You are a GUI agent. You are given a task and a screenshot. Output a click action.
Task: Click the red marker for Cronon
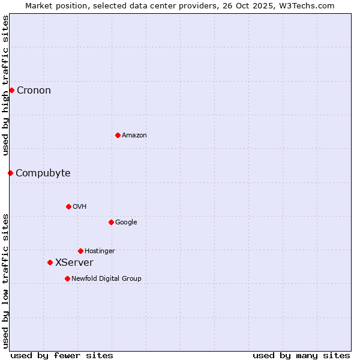click(x=11, y=90)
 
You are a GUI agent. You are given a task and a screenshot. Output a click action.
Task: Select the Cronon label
click(x=34, y=91)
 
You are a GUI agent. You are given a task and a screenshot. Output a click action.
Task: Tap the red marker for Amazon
click(x=118, y=135)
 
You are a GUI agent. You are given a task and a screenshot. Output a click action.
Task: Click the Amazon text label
click(x=134, y=136)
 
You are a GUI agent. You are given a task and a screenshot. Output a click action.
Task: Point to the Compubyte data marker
click(x=10, y=173)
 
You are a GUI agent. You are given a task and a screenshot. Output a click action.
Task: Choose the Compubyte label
click(x=43, y=173)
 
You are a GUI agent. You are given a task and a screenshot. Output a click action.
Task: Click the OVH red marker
click(x=68, y=206)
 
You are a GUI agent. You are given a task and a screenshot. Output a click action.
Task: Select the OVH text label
click(x=80, y=207)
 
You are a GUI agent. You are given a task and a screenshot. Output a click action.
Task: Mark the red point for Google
click(x=111, y=222)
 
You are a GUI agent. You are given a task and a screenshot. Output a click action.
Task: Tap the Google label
click(x=126, y=223)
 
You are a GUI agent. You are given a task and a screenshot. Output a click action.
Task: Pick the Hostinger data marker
click(x=80, y=251)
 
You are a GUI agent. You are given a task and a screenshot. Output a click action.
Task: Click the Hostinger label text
click(x=100, y=251)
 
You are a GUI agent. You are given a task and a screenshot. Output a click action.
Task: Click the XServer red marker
click(x=50, y=262)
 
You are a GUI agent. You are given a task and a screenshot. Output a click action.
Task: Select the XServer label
click(x=74, y=263)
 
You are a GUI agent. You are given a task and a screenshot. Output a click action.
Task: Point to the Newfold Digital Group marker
click(x=67, y=278)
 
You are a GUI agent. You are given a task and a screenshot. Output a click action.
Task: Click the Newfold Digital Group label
click(x=106, y=279)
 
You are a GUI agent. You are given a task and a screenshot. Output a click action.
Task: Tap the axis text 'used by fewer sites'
click(x=62, y=355)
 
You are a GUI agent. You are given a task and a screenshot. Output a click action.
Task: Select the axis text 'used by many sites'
click(x=301, y=355)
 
